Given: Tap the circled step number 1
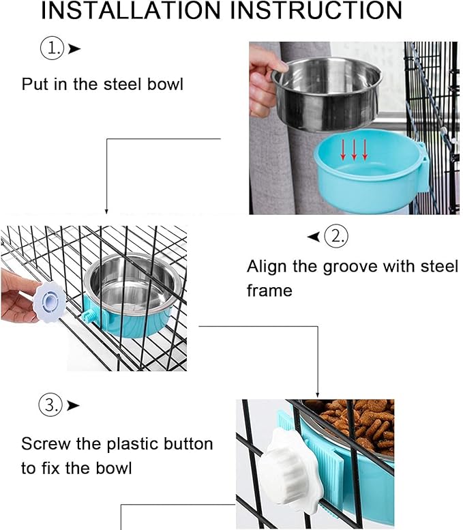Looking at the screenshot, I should click(x=52, y=48).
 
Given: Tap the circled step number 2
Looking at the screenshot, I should click(x=336, y=237).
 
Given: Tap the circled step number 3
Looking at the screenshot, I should click(x=50, y=404).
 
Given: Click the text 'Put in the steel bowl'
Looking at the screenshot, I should click(x=103, y=85).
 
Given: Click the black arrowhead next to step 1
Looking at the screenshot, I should click(x=75, y=48).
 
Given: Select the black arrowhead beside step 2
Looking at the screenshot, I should click(x=313, y=237).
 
